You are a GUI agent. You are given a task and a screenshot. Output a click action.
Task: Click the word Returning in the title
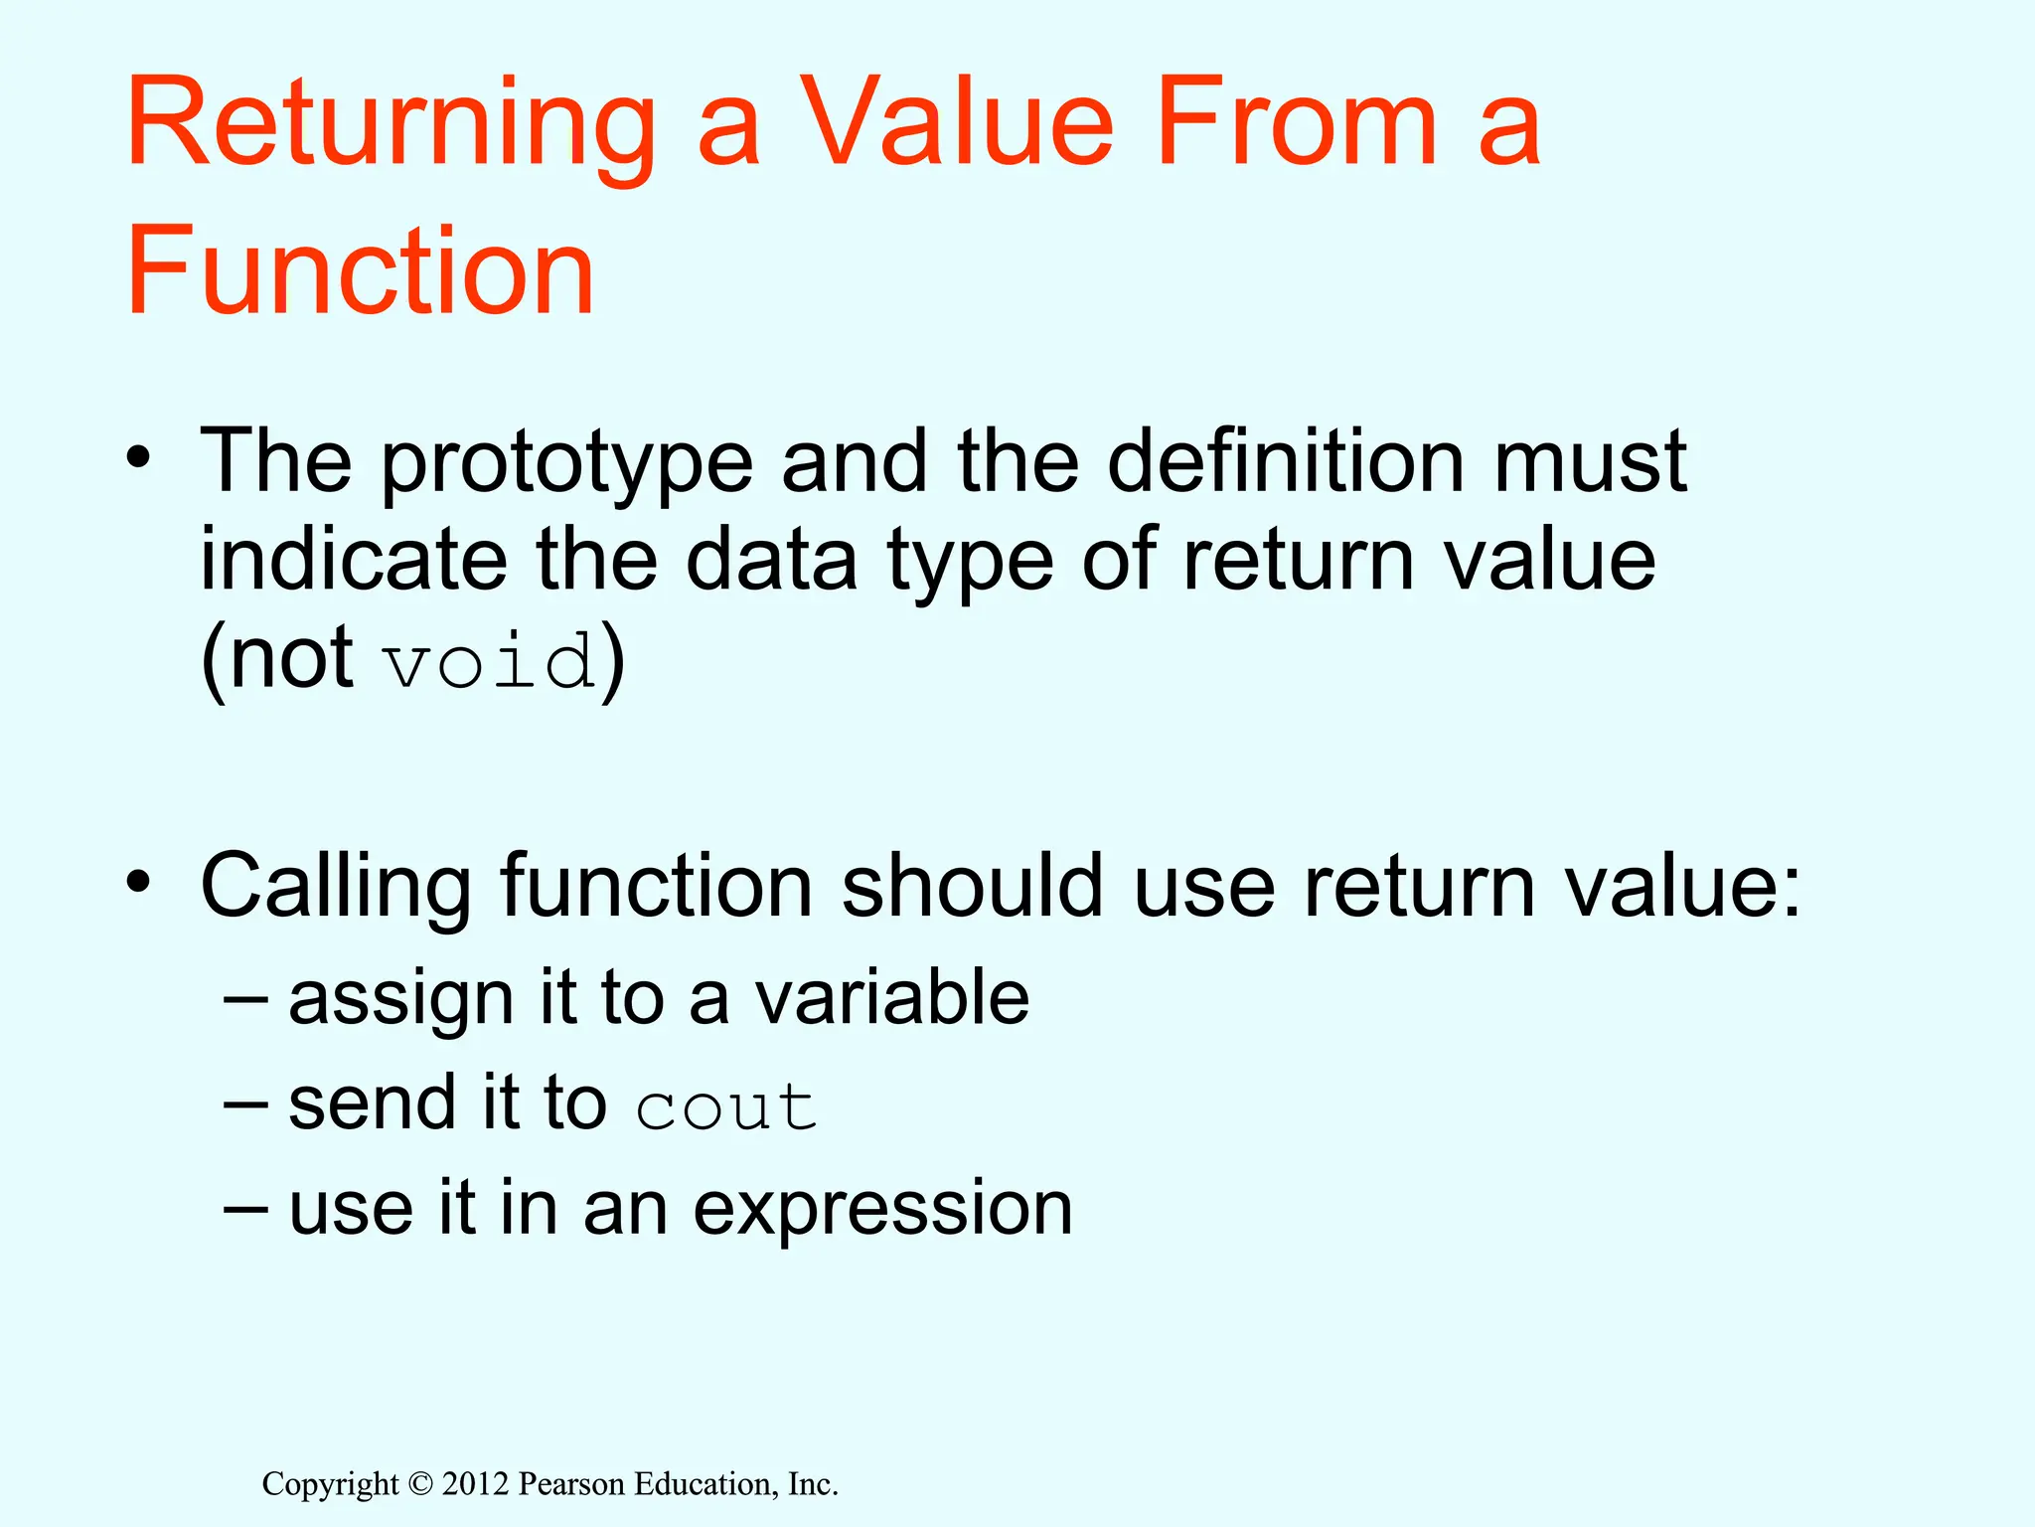[x=391, y=124]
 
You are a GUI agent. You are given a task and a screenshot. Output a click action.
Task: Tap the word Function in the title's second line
[x=360, y=271]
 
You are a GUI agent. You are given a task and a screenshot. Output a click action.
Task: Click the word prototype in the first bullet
[x=566, y=463]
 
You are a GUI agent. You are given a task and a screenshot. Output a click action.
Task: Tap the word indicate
[x=354, y=560]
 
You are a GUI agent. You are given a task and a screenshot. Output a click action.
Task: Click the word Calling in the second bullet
[x=336, y=887]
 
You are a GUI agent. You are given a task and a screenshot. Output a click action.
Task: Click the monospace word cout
[x=726, y=1107]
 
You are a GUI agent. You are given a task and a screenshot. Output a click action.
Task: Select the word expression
[x=882, y=1210]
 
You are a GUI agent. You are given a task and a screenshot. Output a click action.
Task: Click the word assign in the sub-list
[x=400, y=999]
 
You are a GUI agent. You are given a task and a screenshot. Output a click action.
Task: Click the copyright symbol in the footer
[x=420, y=1484]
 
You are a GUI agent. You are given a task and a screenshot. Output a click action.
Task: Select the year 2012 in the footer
[x=475, y=1484]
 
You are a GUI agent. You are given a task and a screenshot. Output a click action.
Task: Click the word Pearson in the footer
[x=572, y=1484]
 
